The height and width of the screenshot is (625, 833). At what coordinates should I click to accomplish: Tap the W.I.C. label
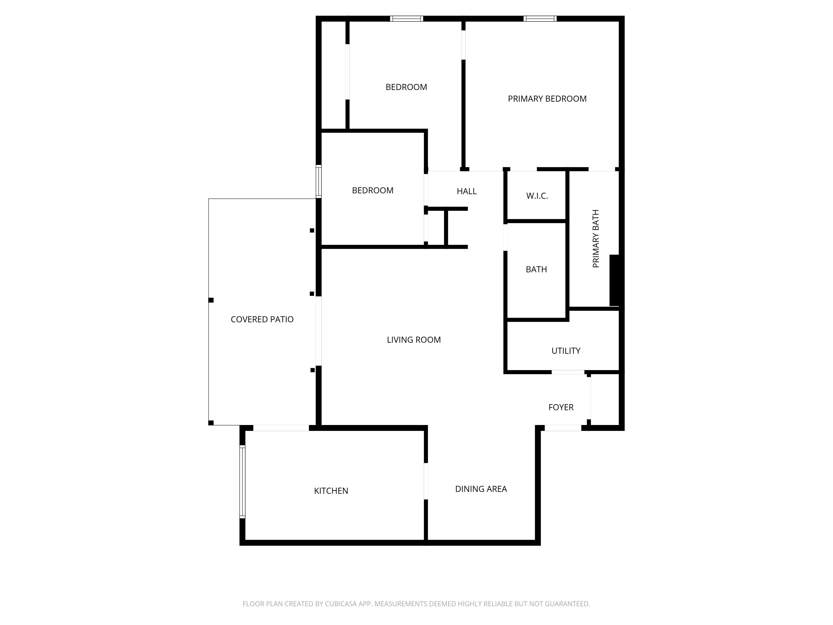coord(537,196)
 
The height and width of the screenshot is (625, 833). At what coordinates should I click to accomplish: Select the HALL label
coord(466,191)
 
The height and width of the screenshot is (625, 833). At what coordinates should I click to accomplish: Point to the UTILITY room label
coord(566,351)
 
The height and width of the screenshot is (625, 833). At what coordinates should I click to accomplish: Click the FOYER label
coord(561,407)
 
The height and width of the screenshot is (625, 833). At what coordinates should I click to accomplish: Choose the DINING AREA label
coord(481,489)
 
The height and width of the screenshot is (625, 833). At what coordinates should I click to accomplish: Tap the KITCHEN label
coord(331,491)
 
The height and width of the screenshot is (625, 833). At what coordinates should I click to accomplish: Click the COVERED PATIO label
coord(262,319)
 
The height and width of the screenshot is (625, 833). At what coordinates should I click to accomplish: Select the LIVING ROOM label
coord(413,340)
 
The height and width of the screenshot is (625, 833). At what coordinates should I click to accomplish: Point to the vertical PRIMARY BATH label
coord(596,239)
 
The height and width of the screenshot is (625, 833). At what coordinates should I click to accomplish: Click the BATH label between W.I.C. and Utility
coord(536,269)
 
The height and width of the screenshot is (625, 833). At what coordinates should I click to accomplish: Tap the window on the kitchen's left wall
coord(242,481)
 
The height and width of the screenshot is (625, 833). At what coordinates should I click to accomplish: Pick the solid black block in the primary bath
coord(614,280)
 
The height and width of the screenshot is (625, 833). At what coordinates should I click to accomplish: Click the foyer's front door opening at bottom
coord(563,428)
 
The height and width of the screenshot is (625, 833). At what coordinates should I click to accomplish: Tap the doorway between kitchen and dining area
coord(426,481)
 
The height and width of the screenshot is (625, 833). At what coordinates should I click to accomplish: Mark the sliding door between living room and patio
coord(318,331)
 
